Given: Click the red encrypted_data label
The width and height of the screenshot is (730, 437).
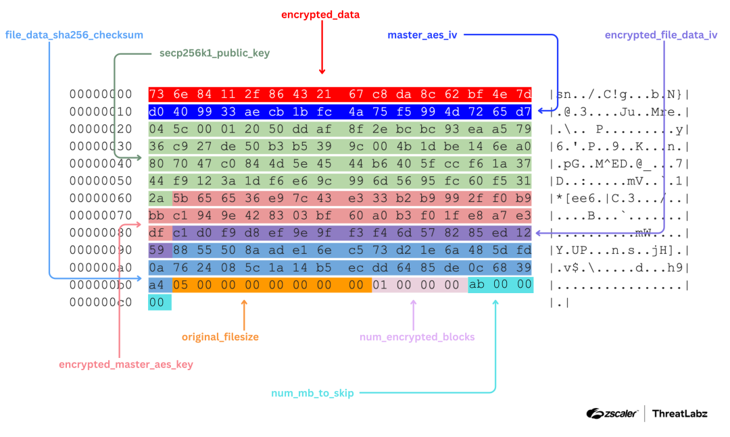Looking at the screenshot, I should click(x=321, y=14).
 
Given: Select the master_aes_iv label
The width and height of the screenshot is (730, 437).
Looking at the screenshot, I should click(x=422, y=34).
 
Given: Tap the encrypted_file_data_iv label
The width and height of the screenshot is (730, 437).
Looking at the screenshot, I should click(x=660, y=35).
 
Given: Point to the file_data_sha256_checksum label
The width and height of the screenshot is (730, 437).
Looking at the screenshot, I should click(x=74, y=34).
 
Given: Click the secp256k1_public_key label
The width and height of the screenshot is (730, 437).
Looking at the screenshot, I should click(x=209, y=52).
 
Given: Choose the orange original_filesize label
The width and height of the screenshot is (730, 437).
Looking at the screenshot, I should click(x=220, y=336).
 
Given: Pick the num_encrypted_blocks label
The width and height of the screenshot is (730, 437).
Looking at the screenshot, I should click(x=417, y=336).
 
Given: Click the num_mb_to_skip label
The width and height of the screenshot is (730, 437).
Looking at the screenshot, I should click(x=312, y=392).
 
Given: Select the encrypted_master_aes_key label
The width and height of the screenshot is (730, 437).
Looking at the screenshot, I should click(x=126, y=364).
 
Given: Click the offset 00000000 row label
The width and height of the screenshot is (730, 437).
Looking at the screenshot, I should click(x=101, y=94).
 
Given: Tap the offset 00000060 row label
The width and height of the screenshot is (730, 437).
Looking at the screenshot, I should click(x=101, y=199).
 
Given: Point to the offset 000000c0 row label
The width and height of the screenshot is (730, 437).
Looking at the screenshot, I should click(x=101, y=303).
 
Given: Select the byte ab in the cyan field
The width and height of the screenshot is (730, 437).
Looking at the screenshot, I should click(x=477, y=285).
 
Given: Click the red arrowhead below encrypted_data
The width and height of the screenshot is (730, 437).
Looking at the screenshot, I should click(x=322, y=70).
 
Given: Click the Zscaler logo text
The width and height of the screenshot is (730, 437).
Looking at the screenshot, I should click(x=612, y=413).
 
